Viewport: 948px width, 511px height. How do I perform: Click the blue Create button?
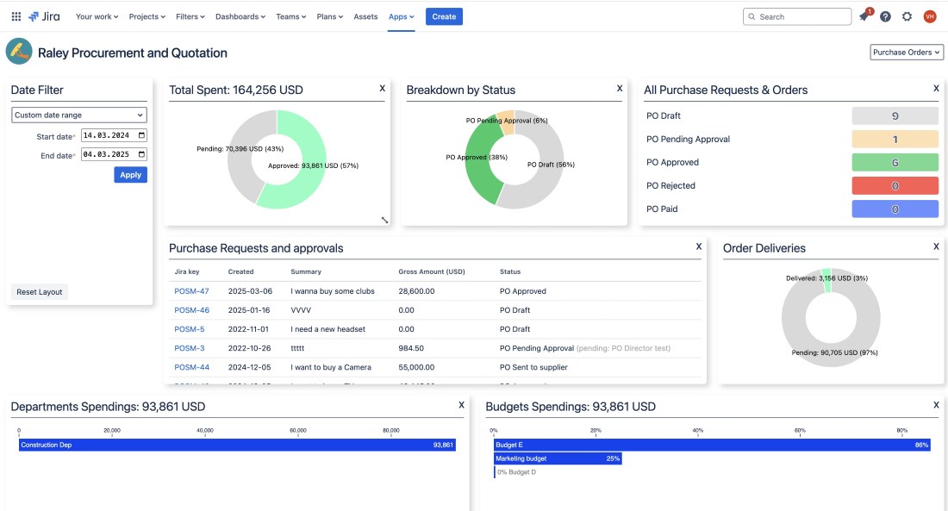(x=444, y=16)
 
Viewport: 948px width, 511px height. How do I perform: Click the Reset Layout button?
(x=40, y=292)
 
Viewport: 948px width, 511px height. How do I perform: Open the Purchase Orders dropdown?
(x=907, y=53)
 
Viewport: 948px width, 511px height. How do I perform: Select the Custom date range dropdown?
(x=79, y=115)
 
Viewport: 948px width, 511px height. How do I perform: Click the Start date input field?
(x=114, y=135)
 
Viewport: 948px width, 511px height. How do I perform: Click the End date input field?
(x=114, y=155)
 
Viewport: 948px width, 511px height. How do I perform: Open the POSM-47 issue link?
(x=191, y=291)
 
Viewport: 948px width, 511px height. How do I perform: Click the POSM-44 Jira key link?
(x=191, y=367)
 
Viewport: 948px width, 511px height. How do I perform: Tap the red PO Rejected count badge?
(x=895, y=186)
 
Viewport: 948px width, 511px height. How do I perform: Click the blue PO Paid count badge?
(x=895, y=209)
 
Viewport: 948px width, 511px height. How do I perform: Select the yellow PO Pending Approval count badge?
(x=895, y=140)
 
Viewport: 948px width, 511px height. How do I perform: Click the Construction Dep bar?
(x=237, y=445)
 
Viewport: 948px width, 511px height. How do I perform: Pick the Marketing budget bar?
(x=558, y=458)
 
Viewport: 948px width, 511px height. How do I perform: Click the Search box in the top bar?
(x=797, y=16)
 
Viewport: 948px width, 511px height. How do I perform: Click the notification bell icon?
(x=864, y=16)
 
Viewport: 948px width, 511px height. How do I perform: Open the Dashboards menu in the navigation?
(x=240, y=16)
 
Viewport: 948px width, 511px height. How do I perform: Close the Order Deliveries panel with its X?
(x=936, y=246)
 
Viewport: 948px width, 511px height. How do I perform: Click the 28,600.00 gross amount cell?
(x=416, y=291)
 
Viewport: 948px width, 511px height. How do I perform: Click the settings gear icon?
(x=907, y=16)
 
